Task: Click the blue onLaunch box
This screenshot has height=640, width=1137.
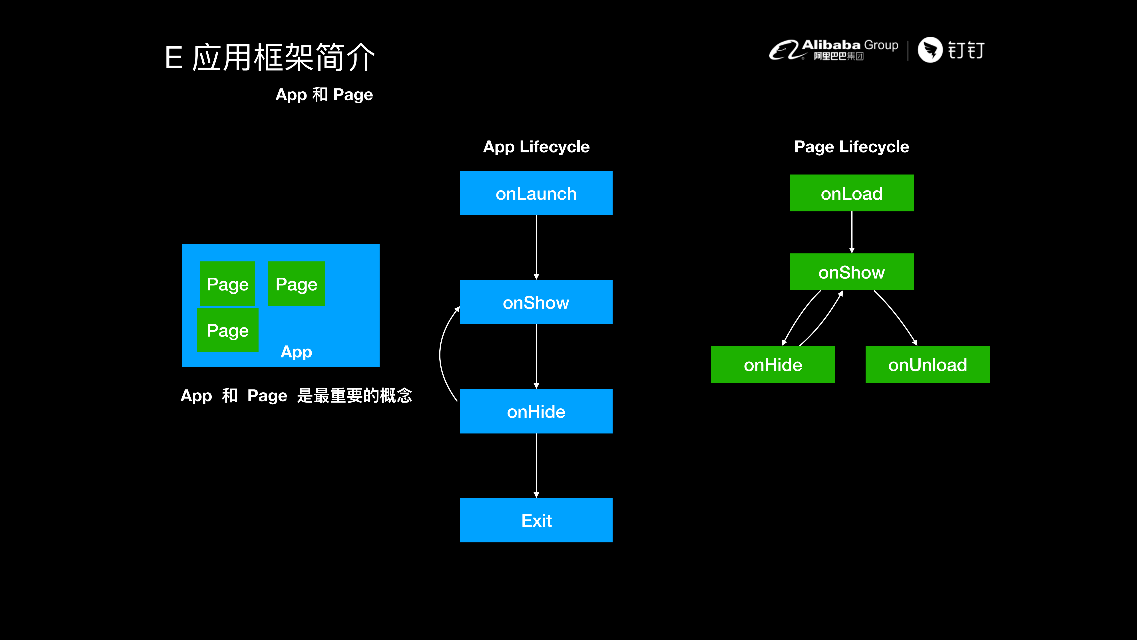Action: [x=536, y=193]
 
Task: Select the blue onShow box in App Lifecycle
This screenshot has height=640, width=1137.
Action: [x=536, y=302]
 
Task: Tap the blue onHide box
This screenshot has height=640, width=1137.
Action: [x=536, y=411]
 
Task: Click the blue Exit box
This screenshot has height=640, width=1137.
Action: [x=536, y=520]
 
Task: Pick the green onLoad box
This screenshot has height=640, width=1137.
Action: [x=851, y=193]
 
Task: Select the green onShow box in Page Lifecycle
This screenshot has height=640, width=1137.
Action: [x=851, y=272]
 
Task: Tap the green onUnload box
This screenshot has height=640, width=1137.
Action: [x=927, y=364]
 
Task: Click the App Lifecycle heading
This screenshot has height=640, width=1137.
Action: [x=536, y=147]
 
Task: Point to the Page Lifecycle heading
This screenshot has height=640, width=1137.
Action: [x=851, y=147]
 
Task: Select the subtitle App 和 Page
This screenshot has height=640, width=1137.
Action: [x=324, y=94]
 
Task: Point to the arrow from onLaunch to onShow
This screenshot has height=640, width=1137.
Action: [x=536, y=247]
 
